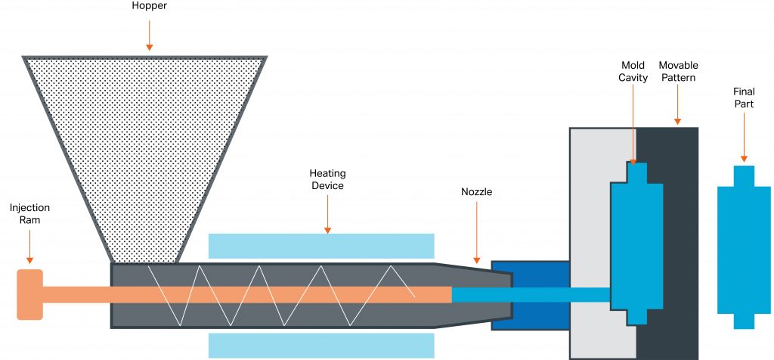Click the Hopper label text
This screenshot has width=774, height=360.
tap(149, 6)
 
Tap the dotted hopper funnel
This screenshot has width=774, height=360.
tap(144, 144)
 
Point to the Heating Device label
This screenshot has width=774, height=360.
tap(327, 179)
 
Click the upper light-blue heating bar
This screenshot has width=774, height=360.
tap(320, 246)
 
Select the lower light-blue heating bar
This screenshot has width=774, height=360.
tap(320, 345)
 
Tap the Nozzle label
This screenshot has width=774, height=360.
tap(477, 192)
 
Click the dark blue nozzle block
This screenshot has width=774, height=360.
tap(529, 295)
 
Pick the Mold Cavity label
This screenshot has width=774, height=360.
tap(633, 72)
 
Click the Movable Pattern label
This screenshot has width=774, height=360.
tap(678, 72)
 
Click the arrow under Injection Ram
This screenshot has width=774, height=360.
tap(29, 246)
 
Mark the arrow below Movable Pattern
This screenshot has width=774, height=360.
tap(678, 106)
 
